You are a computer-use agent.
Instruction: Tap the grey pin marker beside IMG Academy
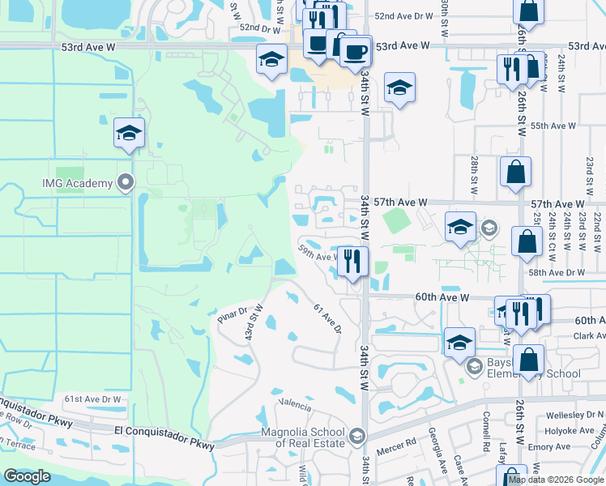[125, 183]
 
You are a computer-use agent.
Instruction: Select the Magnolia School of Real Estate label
[304, 437]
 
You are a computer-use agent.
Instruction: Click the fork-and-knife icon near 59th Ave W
[352, 261]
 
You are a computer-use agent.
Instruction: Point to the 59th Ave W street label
[318, 252]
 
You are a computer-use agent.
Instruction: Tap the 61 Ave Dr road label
[327, 317]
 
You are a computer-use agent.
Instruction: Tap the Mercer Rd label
[399, 442]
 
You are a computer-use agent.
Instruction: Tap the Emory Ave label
[565, 446]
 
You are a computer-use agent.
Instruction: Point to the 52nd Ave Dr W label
[404, 16]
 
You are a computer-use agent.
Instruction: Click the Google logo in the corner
[28, 476]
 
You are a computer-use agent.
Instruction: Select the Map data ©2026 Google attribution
[556, 480]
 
